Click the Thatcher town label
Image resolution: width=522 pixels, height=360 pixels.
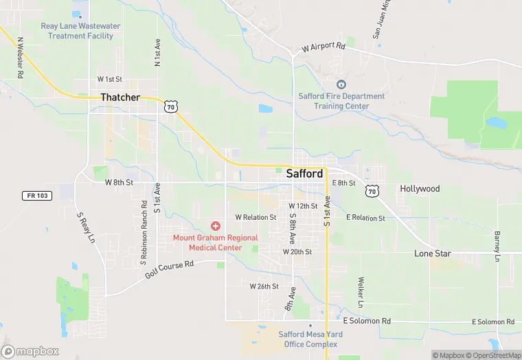[x=120, y=98]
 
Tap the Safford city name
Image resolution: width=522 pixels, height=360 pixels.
[x=304, y=174]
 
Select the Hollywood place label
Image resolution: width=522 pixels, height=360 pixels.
[x=420, y=188]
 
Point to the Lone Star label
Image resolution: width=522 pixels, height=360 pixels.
[x=433, y=254]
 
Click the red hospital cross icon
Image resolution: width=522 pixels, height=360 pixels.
[x=216, y=226]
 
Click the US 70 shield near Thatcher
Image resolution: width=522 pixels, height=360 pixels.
[x=171, y=106]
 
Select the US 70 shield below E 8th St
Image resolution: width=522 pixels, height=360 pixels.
[x=372, y=190]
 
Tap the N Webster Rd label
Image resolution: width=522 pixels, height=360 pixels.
[x=20, y=57]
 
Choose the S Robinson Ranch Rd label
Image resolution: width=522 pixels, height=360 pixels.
[x=144, y=233]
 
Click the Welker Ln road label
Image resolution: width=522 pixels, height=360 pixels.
[x=360, y=292]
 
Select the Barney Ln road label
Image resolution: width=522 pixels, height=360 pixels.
[x=497, y=246]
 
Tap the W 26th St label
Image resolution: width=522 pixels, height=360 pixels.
[x=264, y=286]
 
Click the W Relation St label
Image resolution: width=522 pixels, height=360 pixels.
[x=256, y=217]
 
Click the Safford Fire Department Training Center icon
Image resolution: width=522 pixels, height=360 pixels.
[x=341, y=84]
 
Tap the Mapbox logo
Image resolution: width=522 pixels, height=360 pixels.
[x=30, y=351]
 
